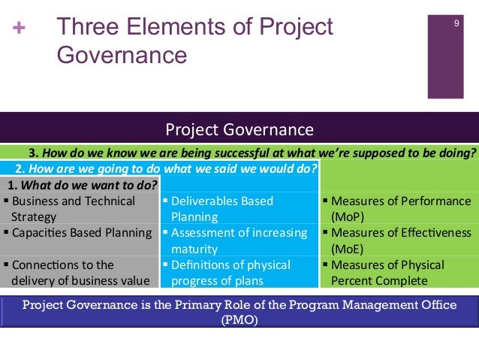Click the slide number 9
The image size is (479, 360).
tap(456, 26)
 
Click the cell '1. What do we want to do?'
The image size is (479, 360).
tap(82, 185)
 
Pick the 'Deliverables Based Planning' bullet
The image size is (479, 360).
tap(221, 209)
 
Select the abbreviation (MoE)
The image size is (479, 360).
tap(348, 249)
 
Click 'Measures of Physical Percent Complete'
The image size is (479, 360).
tap(387, 273)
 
